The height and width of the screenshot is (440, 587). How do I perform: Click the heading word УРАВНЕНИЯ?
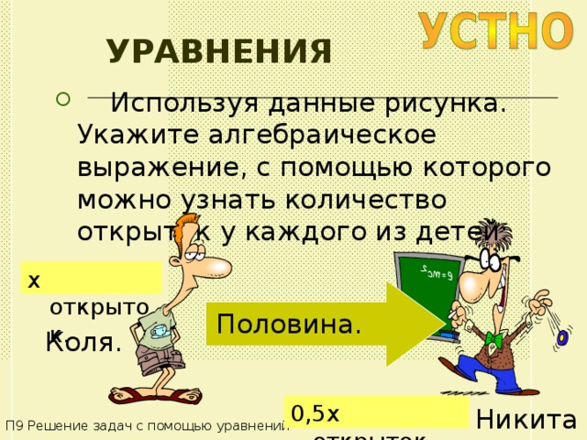[x=218, y=52]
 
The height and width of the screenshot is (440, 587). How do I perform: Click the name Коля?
[x=83, y=344]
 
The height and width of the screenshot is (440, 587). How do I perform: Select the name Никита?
[x=526, y=420]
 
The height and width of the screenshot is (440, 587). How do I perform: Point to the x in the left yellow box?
[x=34, y=279]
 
